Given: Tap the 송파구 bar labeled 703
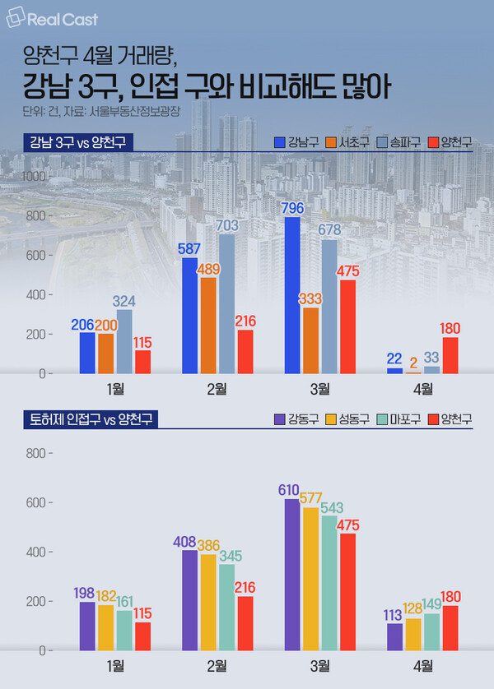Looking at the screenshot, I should pos(226,304).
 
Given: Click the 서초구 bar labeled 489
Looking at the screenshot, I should pos(207,326).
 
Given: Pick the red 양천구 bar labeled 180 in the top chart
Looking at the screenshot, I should pos(450,355).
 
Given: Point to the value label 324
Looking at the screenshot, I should pos(123,303).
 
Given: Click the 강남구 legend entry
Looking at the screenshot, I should pos(296,143).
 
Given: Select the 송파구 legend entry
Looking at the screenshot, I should pos(398,143).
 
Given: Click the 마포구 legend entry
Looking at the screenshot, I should pos(398,419).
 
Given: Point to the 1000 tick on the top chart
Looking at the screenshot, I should pos(33,176).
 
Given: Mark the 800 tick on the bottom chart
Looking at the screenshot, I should pos(36,453).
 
